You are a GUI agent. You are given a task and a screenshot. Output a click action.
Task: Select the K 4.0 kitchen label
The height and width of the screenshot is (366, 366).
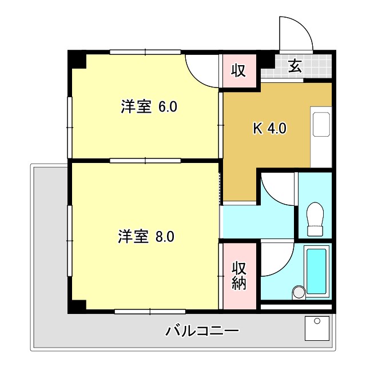click(269, 129)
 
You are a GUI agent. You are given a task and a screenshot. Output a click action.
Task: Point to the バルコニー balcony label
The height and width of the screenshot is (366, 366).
click(202, 331)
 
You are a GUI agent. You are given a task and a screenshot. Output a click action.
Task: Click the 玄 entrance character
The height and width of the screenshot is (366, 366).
click(295, 67)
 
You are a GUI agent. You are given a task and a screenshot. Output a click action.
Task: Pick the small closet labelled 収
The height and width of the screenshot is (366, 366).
click(238, 71)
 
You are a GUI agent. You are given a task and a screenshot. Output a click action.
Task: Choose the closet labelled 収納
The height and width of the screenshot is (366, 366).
click(238, 276)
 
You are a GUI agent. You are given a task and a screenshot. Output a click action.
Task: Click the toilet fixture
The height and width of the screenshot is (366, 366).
click(315, 219)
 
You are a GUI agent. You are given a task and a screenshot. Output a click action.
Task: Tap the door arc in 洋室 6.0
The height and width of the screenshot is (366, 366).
click(203, 72)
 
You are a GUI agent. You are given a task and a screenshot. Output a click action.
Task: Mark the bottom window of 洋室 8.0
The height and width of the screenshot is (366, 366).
click(150, 312)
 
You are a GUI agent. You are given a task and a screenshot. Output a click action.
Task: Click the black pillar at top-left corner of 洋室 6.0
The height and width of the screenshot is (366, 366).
click(78, 60)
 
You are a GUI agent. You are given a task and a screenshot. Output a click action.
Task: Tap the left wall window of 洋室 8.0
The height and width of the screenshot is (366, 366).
click(70, 234)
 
